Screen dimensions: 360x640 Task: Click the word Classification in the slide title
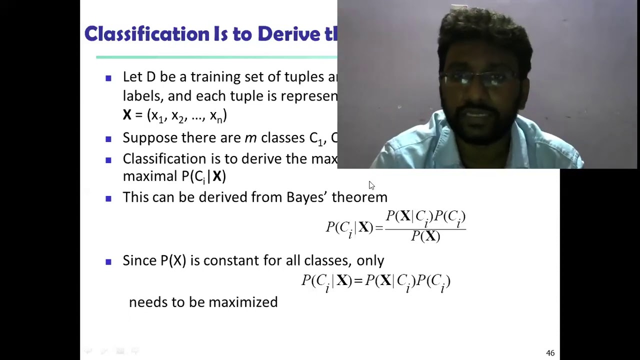147,34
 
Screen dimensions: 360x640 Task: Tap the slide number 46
550,353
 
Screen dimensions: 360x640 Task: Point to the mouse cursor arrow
371,185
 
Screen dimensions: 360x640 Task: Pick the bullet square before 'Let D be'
108,78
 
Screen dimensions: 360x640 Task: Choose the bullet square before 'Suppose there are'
108,139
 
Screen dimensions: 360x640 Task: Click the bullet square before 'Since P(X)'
108,261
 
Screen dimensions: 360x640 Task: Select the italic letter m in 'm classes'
250,138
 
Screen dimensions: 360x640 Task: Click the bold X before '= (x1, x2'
127,115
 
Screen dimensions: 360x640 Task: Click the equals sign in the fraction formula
378,228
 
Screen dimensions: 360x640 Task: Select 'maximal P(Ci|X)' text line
174,176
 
